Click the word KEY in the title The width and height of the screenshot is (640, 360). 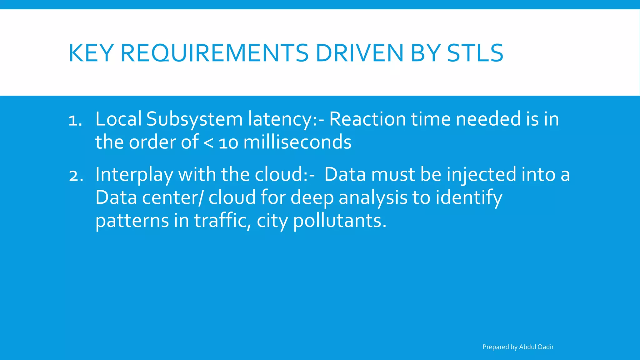pos(91,53)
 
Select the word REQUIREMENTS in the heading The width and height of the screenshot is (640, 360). pos(214,53)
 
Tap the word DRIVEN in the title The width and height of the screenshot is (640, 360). pos(360,53)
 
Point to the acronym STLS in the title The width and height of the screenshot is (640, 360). pos(475,53)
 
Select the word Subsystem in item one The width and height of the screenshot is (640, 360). pos(194,120)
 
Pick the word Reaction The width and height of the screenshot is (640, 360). pos(367,119)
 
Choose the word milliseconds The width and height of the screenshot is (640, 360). pos(297,142)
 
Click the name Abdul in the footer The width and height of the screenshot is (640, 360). pos(527,347)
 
